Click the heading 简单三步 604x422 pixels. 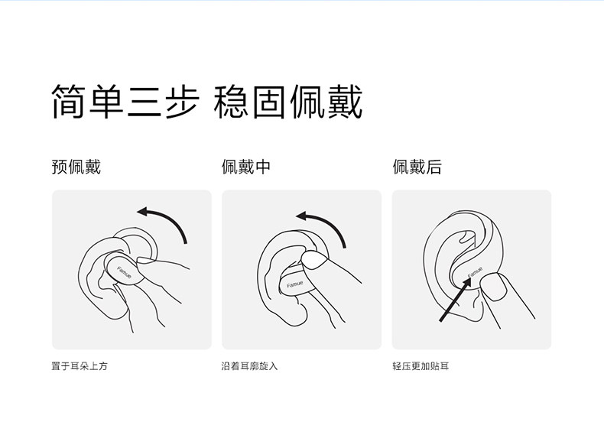[x=125, y=101]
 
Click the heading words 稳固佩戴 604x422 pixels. [x=288, y=101]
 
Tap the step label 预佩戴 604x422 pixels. [x=76, y=167]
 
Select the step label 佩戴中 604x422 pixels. [x=245, y=167]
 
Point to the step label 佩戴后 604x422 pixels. [x=417, y=167]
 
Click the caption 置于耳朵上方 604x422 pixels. [x=80, y=365]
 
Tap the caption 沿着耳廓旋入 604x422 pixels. [x=249, y=365]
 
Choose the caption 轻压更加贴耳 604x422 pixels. [x=421, y=365]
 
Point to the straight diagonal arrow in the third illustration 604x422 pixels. [x=455, y=300]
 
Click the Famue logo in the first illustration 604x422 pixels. [x=124, y=272]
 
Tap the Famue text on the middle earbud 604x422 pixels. [x=294, y=284]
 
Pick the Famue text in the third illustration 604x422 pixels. [x=475, y=272]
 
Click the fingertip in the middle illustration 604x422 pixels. [x=314, y=260]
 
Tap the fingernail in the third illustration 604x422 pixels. [x=493, y=287]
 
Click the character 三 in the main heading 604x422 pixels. [x=144, y=101]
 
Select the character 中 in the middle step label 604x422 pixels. [x=263, y=167]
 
